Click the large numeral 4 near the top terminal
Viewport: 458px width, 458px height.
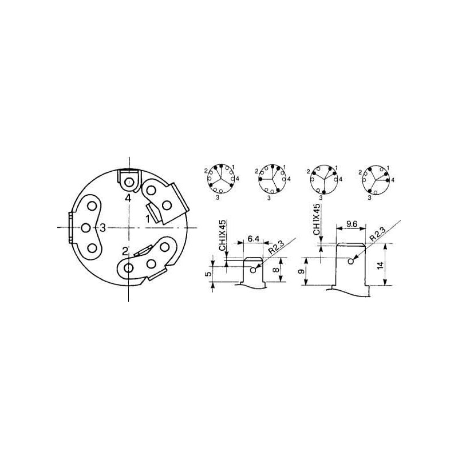[128, 198]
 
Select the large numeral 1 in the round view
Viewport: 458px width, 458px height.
[148, 219]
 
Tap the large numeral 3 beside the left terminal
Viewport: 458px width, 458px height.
[102, 227]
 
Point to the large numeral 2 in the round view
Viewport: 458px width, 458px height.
[125, 251]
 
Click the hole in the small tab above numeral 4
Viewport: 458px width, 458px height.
[129, 183]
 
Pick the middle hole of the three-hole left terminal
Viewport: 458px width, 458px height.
[86, 227]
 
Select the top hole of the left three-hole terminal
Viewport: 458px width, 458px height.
[92, 206]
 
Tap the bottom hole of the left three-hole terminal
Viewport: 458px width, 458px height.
[92, 248]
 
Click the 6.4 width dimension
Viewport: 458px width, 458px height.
[253, 239]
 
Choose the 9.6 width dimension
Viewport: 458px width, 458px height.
[352, 224]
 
